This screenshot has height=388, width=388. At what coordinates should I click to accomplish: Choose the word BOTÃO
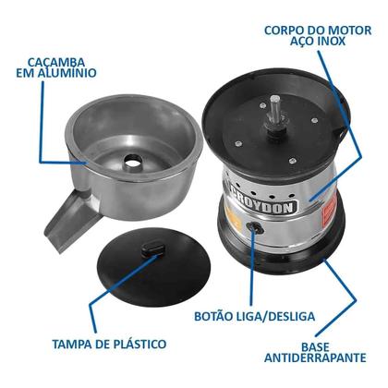click(x=218, y=318)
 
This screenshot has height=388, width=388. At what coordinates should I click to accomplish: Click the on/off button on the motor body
click(x=251, y=228)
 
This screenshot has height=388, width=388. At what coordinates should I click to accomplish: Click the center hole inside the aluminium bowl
click(x=134, y=161)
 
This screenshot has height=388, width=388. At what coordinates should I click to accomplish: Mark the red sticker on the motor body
click(x=325, y=215)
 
